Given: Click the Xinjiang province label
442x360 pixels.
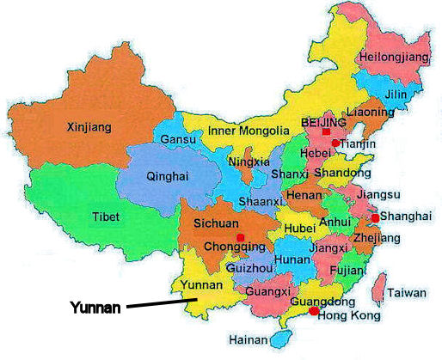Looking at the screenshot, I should tap(89, 127).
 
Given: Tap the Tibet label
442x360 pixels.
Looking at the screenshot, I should tap(106, 217).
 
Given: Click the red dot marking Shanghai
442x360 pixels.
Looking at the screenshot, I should tap(375, 218).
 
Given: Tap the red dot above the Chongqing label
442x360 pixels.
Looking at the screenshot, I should tap(240, 236).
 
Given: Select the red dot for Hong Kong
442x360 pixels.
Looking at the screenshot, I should tap(314, 310).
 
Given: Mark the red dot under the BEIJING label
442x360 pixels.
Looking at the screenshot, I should tap(326, 132).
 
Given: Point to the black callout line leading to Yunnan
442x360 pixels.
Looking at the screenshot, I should tap(163, 302).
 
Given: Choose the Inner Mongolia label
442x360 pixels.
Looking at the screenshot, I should tap(249, 131).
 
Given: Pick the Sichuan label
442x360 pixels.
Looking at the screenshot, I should tap(215, 223).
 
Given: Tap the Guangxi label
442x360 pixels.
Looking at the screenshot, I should tap(263, 291).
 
